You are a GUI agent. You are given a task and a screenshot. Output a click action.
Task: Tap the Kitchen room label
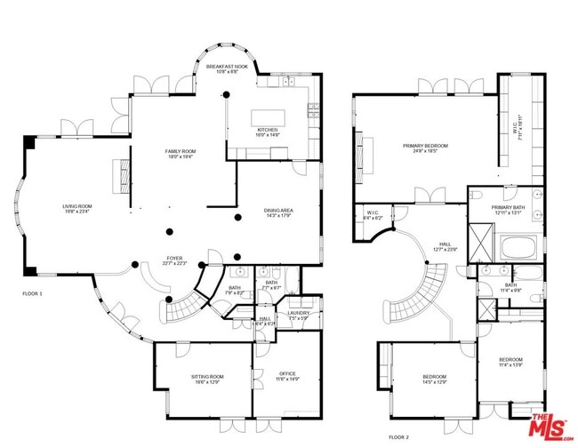268,132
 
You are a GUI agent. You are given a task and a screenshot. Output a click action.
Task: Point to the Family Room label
179,154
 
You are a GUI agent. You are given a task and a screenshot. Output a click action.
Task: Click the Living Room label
77,209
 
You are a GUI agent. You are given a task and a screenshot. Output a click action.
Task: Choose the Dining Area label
278,212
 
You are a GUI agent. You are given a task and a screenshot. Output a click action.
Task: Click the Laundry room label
297,315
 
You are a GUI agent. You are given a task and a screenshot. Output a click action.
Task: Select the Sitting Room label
208,380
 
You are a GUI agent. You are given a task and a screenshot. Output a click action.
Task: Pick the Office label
287,376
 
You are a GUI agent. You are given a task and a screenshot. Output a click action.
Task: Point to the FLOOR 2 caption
400,437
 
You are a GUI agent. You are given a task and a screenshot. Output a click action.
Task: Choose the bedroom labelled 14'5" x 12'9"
435,380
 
